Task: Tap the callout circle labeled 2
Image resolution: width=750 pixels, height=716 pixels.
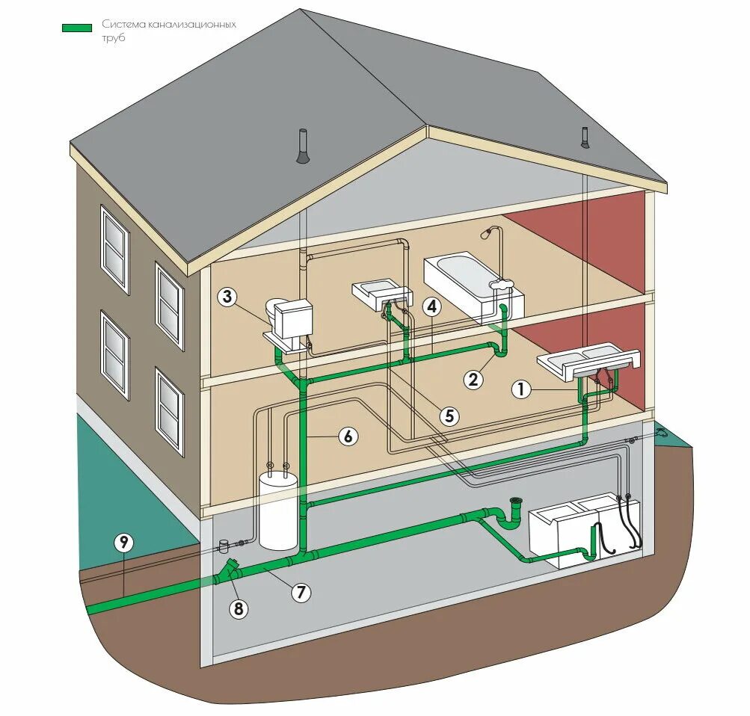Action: pos(473,379)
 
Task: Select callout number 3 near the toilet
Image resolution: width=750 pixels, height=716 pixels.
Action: pos(228,297)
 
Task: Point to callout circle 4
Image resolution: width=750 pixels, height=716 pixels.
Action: pos(431,306)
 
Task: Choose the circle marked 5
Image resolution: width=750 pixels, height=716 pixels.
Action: pos(449,416)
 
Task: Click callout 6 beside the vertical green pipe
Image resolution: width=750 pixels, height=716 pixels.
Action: pos(348,436)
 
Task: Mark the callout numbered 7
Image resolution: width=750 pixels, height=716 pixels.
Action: pos(300,592)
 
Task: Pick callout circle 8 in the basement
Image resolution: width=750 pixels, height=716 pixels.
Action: pos(239,609)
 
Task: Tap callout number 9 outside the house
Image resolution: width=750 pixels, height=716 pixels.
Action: pos(123,543)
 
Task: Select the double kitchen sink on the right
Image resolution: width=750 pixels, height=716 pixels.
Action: pos(588,362)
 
